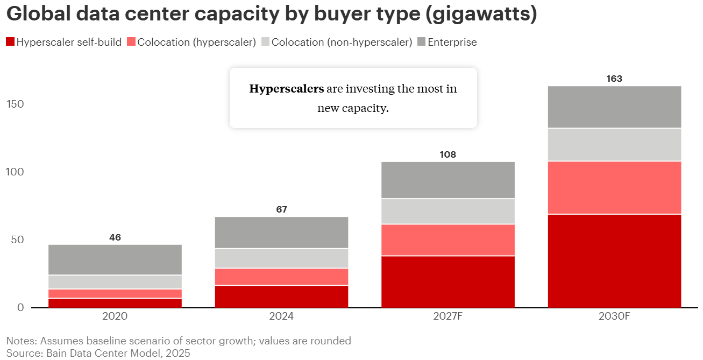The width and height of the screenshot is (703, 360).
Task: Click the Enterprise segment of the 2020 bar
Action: (x=115, y=259)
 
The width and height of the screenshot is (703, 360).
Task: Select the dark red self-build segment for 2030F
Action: (x=614, y=260)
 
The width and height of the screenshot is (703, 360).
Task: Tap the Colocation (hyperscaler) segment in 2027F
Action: (x=448, y=239)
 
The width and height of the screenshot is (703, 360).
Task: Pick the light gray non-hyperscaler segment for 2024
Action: (x=281, y=258)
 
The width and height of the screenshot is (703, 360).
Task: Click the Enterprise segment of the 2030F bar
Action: (x=614, y=107)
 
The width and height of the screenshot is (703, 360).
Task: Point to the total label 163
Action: (x=614, y=79)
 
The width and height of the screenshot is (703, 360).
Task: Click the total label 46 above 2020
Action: (x=115, y=237)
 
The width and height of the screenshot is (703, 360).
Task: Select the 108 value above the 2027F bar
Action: (x=448, y=154)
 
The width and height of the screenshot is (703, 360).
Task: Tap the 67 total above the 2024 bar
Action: (x=281, y=209)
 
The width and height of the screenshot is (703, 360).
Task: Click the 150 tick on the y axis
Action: (x=15, y=104)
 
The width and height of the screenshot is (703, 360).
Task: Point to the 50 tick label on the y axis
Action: (x=18, y=239)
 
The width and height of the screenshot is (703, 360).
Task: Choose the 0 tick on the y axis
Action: (x=21, y=307)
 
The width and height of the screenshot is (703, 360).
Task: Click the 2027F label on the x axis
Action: (x=448, y=316)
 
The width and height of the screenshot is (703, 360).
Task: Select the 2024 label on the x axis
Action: (x=281, y=316)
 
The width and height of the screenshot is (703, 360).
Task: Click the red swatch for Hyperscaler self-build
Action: (x=10, y=42)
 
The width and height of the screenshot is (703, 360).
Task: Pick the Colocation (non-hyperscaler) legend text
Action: (x=342, y=42)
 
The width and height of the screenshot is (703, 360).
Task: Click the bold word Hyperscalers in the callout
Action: (x=286, y=89)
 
